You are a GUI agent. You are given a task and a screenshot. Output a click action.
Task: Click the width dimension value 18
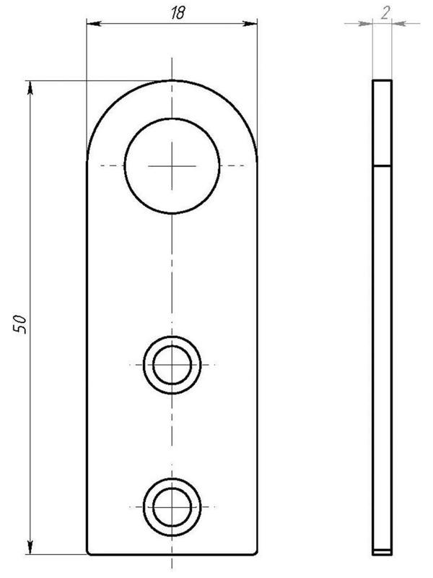click(178, 13)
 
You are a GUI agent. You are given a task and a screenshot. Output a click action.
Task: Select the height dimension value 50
click(20, 324)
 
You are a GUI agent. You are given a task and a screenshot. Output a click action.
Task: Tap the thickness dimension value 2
click(385, 13)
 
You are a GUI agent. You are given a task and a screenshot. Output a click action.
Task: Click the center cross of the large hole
click(172, 166)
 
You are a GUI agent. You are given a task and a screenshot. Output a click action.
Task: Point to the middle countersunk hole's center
click(172, 365)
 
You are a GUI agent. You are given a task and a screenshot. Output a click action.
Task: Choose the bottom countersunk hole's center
click(172, 507)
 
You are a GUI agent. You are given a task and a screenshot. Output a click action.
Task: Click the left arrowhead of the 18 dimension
click(94, 24)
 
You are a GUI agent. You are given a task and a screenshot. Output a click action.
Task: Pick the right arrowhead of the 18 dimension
click(250, 24)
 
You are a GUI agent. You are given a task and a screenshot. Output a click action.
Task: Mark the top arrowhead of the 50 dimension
click(30, 87)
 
